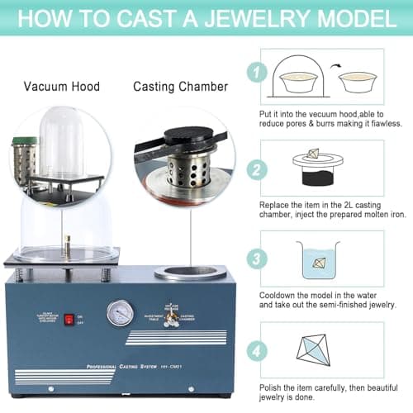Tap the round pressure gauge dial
(120, 312)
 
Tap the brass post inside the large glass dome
(67, 244)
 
